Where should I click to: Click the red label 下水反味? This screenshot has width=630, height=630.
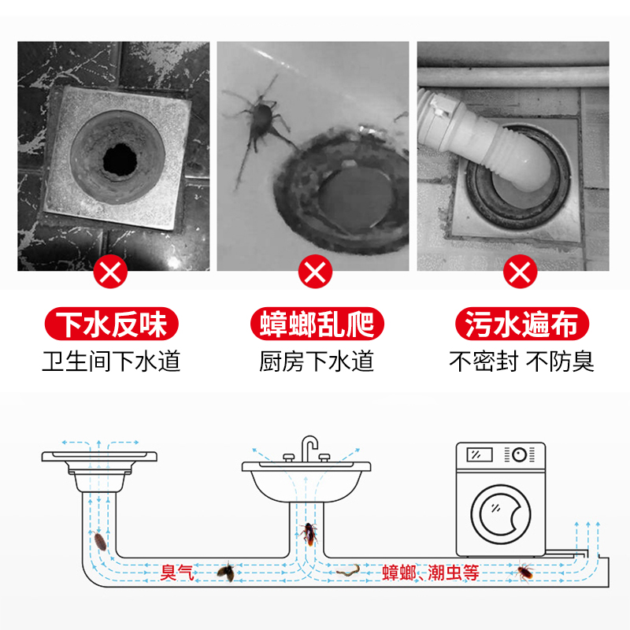coord(111,324)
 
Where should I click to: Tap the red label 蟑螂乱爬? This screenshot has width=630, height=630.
coord(317,324)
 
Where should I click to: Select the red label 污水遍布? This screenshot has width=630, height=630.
coord(522,324)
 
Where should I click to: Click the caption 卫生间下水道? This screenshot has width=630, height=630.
coord(111,361)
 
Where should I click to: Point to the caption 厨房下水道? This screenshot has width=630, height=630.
coord(317,361)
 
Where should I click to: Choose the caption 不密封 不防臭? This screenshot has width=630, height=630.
coord(521,361)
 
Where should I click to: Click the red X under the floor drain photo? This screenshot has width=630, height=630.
coord(110,272)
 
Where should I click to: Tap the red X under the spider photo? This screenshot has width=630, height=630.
coord(316,272)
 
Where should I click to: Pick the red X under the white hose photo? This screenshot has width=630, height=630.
coord(521,272)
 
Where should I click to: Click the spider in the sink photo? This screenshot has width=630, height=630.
coord(261,120)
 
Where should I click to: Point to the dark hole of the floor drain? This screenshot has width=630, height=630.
coord(120,160)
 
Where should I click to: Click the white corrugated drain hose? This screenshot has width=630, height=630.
coord(474,132)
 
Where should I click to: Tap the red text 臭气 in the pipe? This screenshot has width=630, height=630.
coord(176,573)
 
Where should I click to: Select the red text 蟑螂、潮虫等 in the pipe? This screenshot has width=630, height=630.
coord(430,573)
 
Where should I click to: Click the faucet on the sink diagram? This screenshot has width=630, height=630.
coord(309,449)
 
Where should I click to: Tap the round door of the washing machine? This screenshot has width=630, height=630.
coord(501,514)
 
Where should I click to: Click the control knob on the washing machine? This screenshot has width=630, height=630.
coord(520,455)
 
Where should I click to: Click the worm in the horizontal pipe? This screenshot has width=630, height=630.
coord(348,570)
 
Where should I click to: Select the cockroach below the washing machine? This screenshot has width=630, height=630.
coord(524,573)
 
